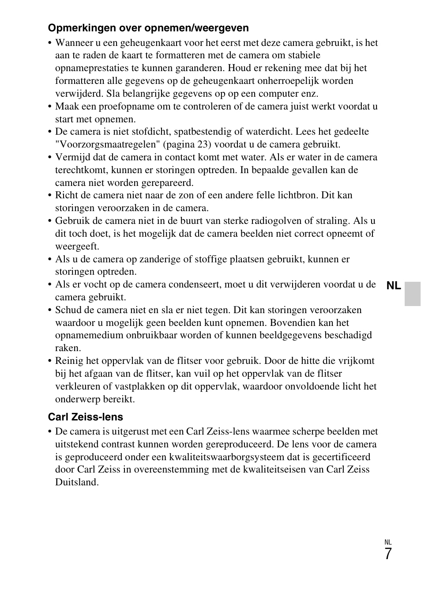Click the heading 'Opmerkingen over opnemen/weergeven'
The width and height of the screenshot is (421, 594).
tap(148, 28)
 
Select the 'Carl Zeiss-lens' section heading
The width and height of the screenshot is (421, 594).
tap(85, 417)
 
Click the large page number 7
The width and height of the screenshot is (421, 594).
tap(387, 554)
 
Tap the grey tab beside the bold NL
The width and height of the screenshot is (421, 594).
tap(412, 294)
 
